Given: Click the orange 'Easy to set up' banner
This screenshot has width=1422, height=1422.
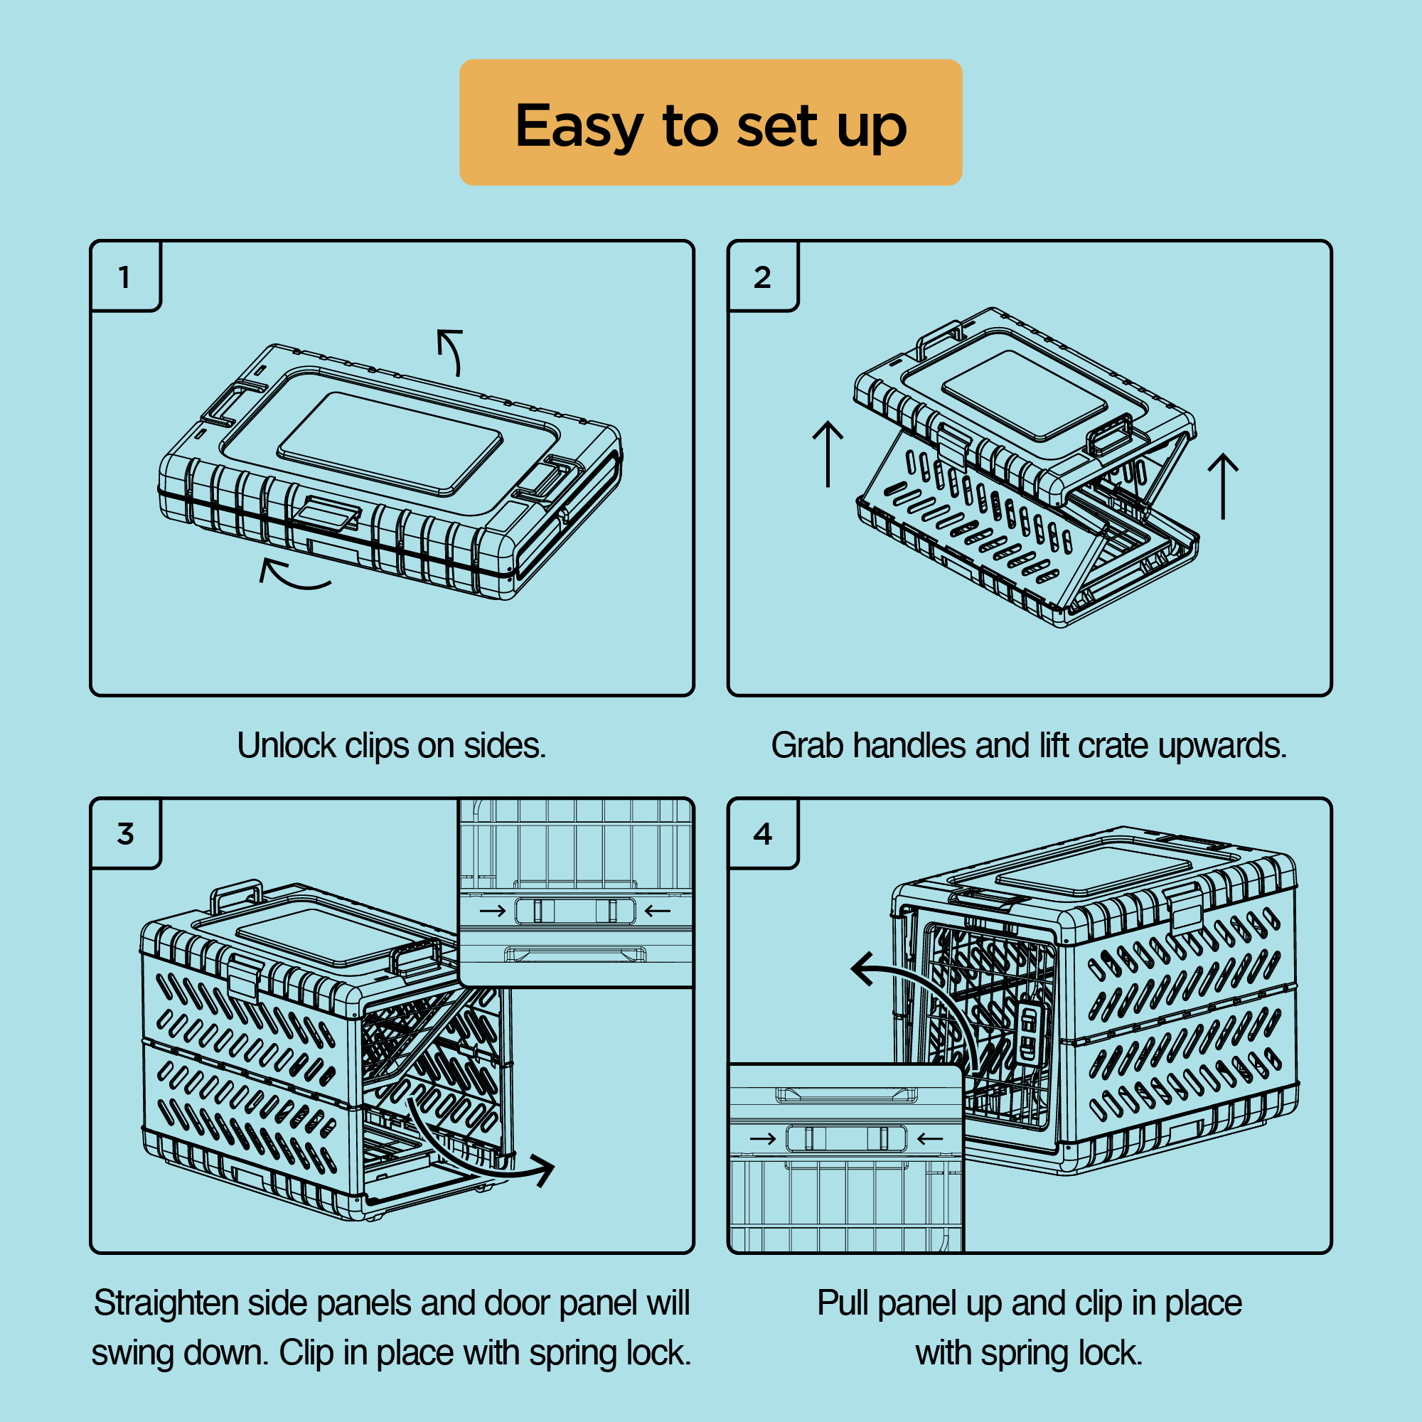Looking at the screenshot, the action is (x=710, y=122).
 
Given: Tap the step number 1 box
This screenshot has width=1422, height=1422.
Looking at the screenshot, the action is (x=125, y=276).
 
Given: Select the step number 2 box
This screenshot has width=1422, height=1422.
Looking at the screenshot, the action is (x=762, y=276).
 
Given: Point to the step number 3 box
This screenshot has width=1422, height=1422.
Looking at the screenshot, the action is (x=125, y=833).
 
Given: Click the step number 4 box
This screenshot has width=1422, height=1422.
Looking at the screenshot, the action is (x=762, y=833).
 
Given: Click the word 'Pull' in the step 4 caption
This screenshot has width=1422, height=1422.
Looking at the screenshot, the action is (x=843, y=1303).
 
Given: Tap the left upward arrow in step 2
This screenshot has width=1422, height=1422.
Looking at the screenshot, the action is (x=828, y=454).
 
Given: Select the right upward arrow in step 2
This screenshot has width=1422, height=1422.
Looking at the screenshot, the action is (x=1223, y=486).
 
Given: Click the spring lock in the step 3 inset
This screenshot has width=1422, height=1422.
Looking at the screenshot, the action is (x=574, y=911).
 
